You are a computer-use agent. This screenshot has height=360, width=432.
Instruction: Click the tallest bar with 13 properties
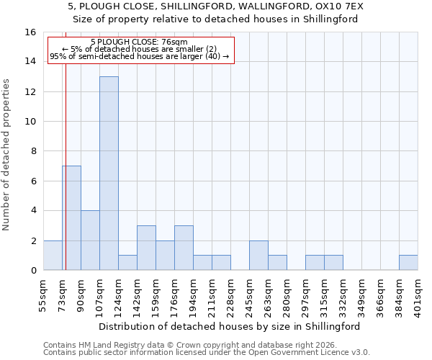(109, 173)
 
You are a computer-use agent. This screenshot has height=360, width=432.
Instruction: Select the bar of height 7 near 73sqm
(71, 217)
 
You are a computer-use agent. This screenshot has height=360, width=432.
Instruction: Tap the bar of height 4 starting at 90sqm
(90, 240)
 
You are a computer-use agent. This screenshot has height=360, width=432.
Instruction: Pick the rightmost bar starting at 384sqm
(408, 263)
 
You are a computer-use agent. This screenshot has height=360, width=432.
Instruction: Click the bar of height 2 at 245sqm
(258, 255)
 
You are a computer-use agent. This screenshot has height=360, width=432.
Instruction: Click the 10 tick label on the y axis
(30, 122)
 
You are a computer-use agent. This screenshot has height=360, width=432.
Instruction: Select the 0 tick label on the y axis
(32, 271)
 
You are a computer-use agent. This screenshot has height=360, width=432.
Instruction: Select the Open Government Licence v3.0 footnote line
(207, 352)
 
